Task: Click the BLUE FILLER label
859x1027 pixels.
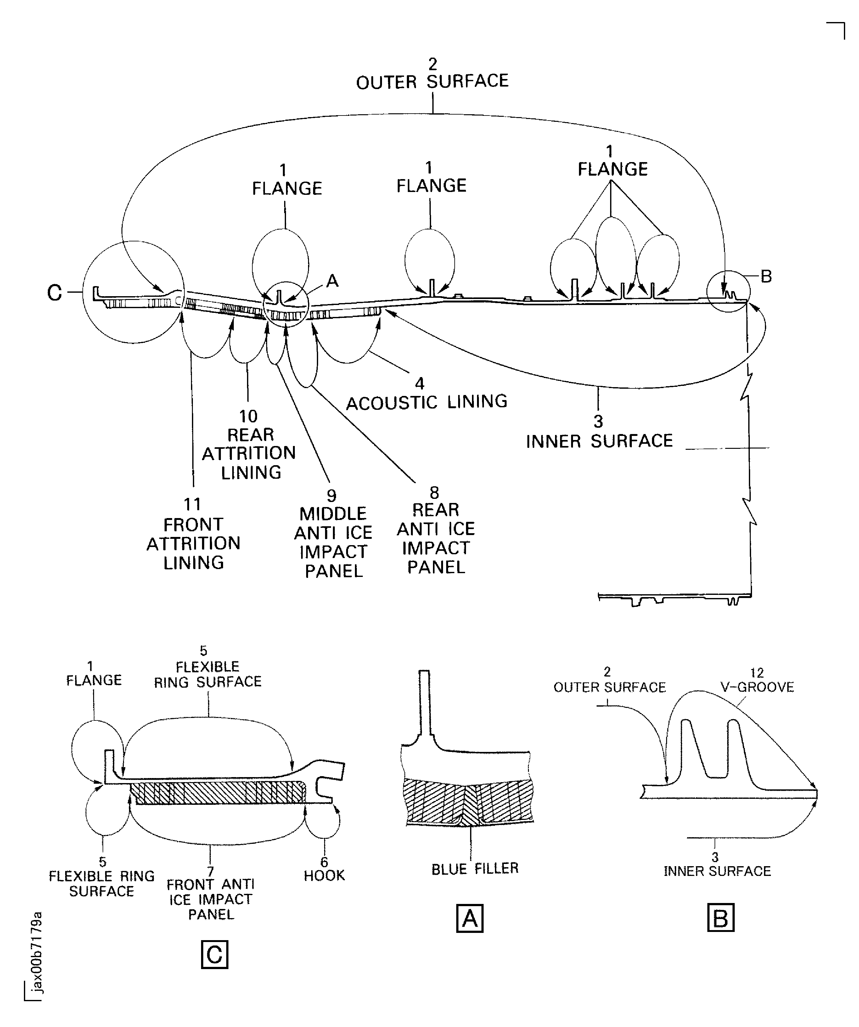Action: pyautogui.click(x=475, y=869)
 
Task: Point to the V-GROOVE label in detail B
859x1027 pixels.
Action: pyautogui.click(x=757, y=687)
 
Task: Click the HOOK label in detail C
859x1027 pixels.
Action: pyautogui.click(x=324, y=875)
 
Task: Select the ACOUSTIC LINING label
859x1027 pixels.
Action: pyautogui.click(x=426, y=402)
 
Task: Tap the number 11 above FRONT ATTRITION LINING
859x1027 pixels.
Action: pyautogui.click(x=192, y=504)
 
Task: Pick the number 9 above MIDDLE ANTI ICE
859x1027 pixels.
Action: pyautogui.click(x=331, y=495)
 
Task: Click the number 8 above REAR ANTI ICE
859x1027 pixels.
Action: pyautogui.click(x=434, y=493)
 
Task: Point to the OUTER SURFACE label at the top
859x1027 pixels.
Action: pyautogui.click(x=432, y=82)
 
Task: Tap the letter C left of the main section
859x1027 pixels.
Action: pyautogui.click(x=54, y=293)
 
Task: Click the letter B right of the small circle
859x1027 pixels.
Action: pyautogui.click(x=766, y=276)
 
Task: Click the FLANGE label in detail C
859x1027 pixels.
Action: pyautogui.click(x=94, y=680)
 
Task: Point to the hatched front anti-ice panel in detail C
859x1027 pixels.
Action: pyautogui.click(x=217, y=793)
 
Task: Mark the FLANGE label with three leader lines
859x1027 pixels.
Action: pyautogui.click(x=613, y=169)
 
